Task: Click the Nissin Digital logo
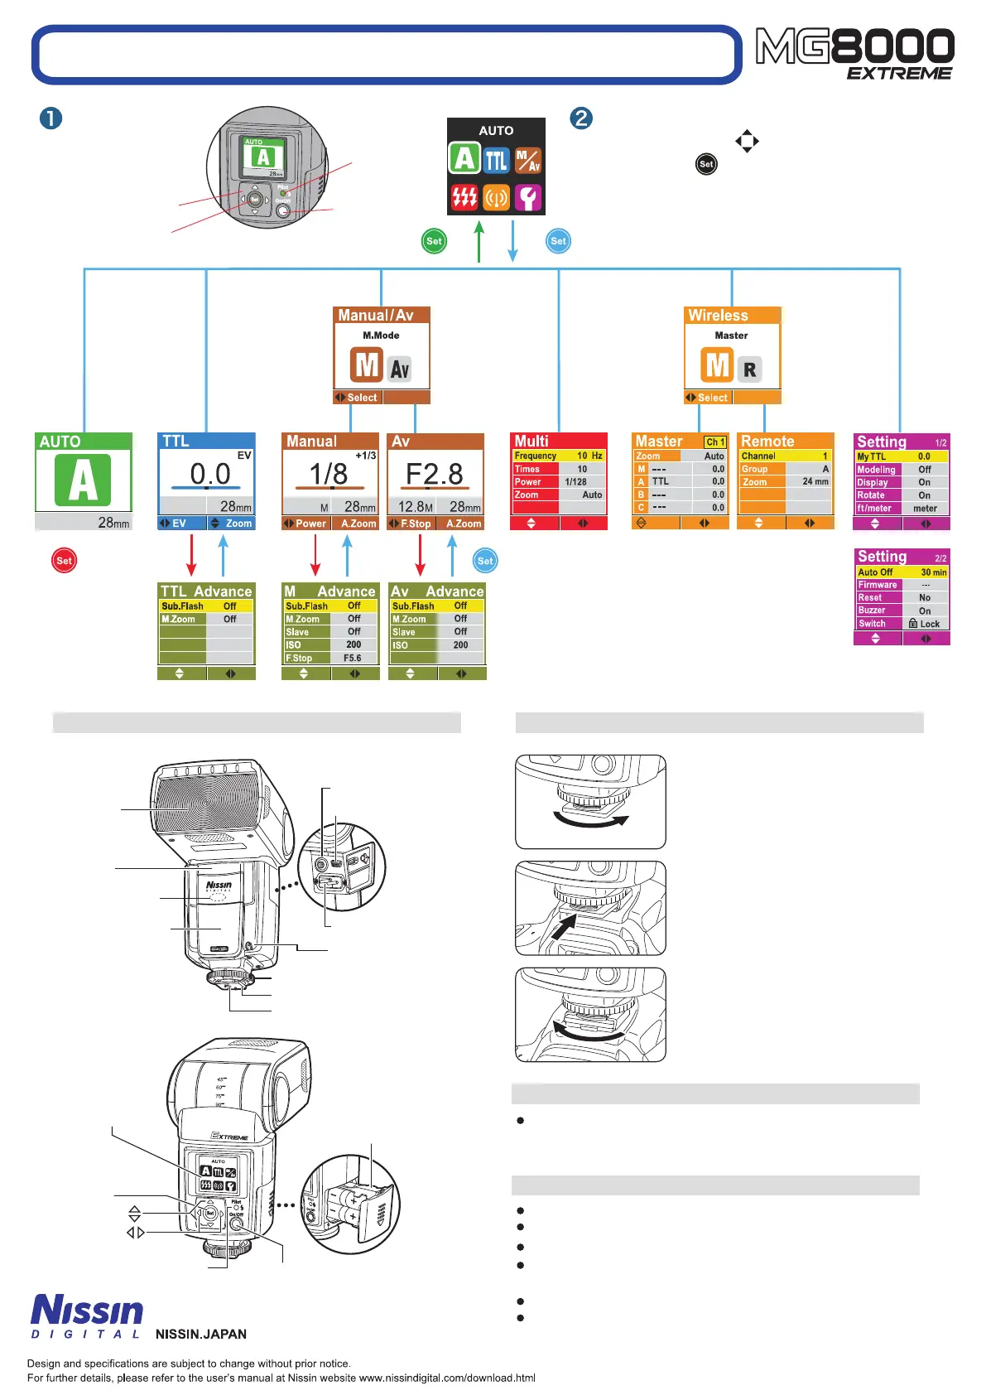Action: click(87, 1315)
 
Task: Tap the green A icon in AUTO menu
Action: click(464, 158)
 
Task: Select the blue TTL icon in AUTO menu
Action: click(496, 159)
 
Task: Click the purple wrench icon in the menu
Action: click(528, 197)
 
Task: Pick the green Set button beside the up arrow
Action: click(434, 241)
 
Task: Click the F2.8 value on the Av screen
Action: click(435, 475)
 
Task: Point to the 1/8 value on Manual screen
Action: click(328, 475)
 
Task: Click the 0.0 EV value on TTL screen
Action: click(209, 474)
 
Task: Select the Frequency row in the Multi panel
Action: click(559, 456)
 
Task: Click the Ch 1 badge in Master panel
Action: click(715, 442)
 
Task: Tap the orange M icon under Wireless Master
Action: click(717, 364)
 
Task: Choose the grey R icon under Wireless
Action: click(749, 369)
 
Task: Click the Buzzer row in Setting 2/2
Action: click(902, 611)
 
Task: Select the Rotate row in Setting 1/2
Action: click(902, 495)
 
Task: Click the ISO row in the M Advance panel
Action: click(330, 644)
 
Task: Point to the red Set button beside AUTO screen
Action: click(64, 561)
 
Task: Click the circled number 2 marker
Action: click(581, 118)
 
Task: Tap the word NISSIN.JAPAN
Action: click(201, 1334)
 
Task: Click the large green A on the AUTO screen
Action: click(83, 480)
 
